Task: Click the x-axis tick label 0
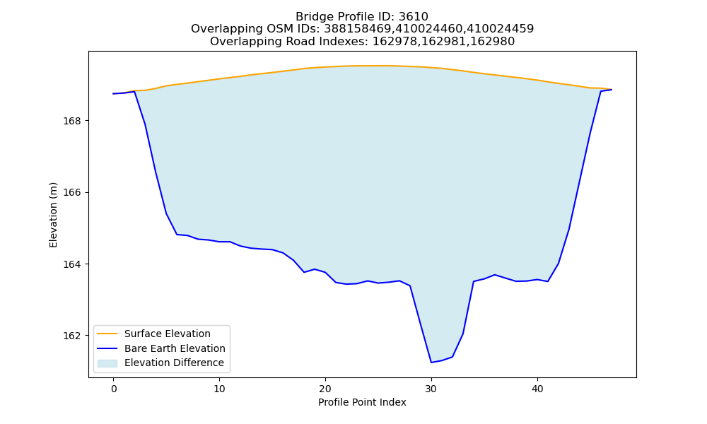pos(113,389)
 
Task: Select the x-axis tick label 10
pos(219,389)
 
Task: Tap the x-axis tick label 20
pos(325,389)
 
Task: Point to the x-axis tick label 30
pos(431,389)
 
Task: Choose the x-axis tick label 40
pos(537,389)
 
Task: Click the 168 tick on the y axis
pos(71,122)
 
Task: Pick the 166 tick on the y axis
pos(71,193)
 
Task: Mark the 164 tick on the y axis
pos(71,264)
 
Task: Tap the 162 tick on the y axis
pos(71,336)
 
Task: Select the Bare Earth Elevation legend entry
pos(161,348)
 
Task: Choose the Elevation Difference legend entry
pos(160,363)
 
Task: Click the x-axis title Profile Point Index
pos(362,402)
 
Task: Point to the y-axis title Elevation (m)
pos(53,215)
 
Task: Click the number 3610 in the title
pos(414,17)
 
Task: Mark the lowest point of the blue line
pos(431,363)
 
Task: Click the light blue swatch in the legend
pos(107,363)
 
